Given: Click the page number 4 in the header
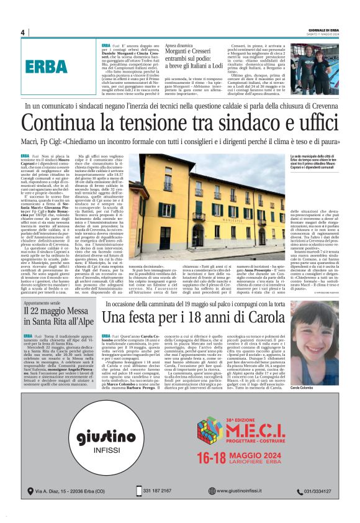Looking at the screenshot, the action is tap(22, 33).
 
